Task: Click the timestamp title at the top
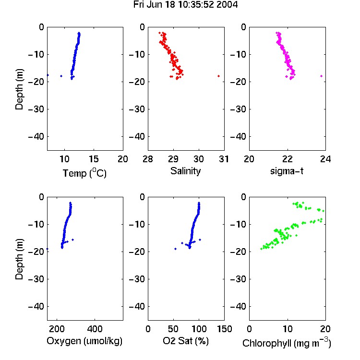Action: pos(185,5)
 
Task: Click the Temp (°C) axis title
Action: pos(84,173)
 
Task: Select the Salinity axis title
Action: pos(185,171)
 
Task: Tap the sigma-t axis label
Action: pos(287,171)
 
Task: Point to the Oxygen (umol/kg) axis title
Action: pos(84,341)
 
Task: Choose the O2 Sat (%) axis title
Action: pos(185,341)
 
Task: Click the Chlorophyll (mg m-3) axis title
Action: pos(287,343)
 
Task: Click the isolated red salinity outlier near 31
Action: pos(218,76)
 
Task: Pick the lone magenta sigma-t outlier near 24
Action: pos(322,76)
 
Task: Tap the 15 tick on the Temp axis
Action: pos(94,159)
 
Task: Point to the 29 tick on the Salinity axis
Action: pos(173,159)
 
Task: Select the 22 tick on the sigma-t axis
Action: pos(287,159)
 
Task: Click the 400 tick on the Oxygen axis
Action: pos(95,329)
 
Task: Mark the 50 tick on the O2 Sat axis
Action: pos(173,329)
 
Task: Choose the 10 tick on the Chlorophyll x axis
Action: pos(287,329)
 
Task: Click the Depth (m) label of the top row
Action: pos(19,89)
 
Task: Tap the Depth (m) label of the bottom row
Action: pos(19,259)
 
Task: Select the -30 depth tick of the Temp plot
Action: pos(36,109)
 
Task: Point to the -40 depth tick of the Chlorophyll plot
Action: pos(238,306)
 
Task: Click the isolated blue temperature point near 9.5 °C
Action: pos(61,76)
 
